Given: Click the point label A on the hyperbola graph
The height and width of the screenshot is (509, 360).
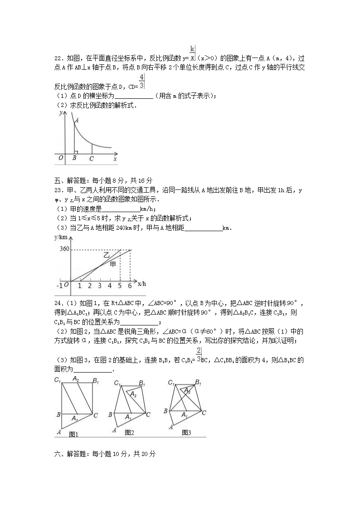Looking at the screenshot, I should click(77, 121).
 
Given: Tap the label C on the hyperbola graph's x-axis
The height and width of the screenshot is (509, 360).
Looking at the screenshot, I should click(92, 159).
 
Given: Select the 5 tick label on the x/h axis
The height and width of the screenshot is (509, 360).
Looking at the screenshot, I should click(120, 286).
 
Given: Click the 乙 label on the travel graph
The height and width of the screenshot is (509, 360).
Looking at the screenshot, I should click(107, 256).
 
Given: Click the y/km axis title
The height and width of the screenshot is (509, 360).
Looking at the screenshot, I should click(60, 238).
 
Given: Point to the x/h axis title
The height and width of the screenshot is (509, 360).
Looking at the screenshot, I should click(141, 284).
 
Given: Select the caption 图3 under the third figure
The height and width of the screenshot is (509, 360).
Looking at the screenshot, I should click(186, 432).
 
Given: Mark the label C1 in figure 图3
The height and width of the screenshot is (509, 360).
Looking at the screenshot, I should click(171, 383).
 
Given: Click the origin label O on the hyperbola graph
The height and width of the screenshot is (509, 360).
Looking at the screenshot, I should click(60, 158).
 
